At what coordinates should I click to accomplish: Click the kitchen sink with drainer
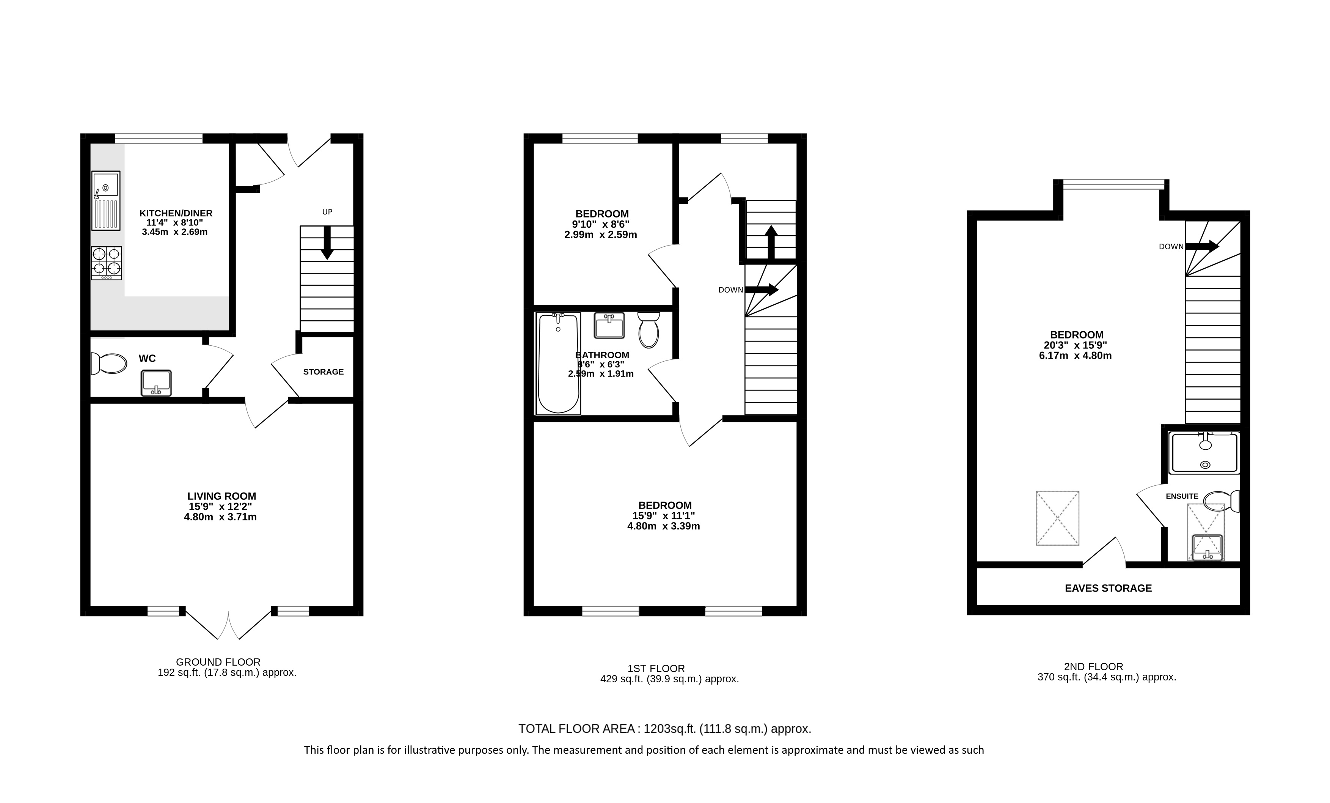click(106, 201)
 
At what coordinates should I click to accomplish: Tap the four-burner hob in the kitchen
click(106, 263)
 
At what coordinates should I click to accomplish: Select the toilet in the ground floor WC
click(108, 363)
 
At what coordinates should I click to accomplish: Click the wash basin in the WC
click(156, 383)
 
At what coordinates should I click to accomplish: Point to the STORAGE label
click(323, 372)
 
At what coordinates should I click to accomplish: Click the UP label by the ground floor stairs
click(327, 212)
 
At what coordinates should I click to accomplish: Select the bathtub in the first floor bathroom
click(558, 364)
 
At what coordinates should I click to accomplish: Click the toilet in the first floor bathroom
click(648, 329)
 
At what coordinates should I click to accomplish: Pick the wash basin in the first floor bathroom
click(609, 325)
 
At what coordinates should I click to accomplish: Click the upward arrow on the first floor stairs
click(771, 242)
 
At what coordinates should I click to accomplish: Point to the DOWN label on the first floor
click(730, 290)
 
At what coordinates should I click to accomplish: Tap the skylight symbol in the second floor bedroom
click(1057, 518)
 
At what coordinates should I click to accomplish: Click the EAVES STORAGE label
click(1108, 588)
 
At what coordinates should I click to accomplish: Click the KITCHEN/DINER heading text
click(176, 213)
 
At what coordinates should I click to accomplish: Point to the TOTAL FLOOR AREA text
click(576, 729)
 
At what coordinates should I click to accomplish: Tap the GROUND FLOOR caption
click(218, 662)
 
